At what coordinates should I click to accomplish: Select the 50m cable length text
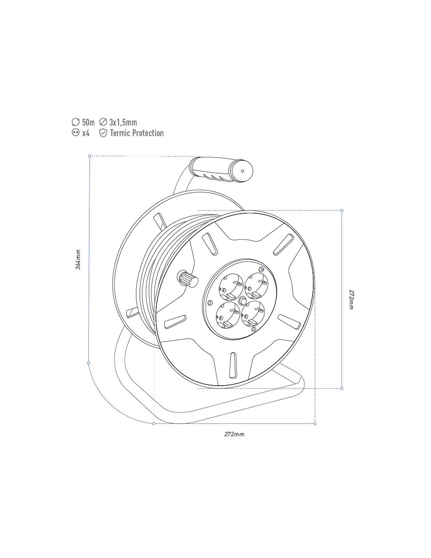88,122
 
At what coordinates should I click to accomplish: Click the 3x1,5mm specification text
123,122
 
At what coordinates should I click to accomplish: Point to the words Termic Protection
137,133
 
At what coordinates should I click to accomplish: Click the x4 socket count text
86,133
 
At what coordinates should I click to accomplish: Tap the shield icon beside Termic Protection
103,133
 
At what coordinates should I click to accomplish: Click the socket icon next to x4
75,133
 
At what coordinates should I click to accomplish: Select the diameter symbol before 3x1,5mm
103,122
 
